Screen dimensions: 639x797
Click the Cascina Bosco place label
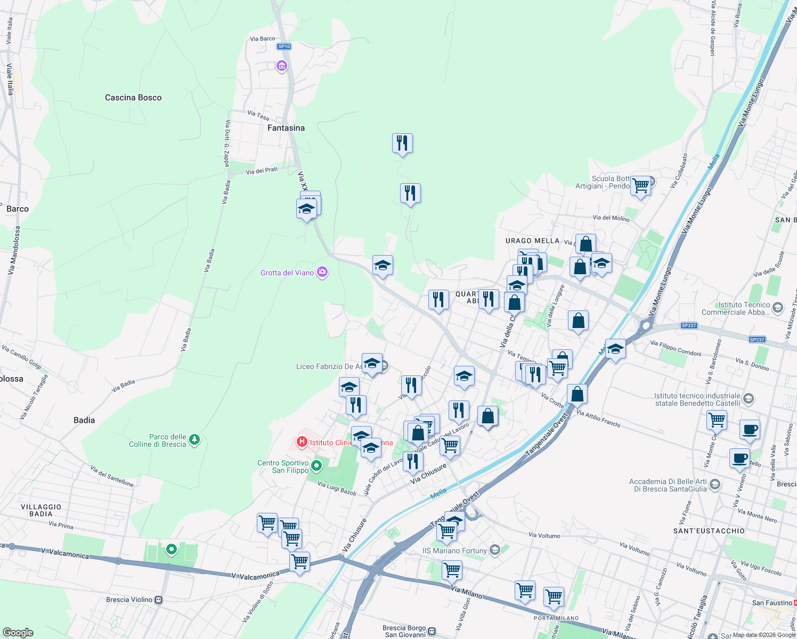pyautogui.click(x=133, y=97)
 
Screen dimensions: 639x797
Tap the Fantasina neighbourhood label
pyautogui.click(x=286, y=128)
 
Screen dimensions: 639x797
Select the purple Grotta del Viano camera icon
pyautogui.click(x=322, y=273)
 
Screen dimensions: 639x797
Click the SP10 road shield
pyautogui.click(x=284, y=46)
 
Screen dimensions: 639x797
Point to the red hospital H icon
pyautogui.click(x=302, y=442)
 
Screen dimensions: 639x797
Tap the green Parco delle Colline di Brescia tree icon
pyautogui.click(x=194, y=439)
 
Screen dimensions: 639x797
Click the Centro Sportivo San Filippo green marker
pyautogui.click(x=316, y=466)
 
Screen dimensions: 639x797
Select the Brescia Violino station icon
pyautogui.click(x=158, y=600)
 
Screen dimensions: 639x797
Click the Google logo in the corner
pyautogui.click(x=18, y=633)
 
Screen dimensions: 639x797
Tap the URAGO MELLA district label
pyautogui.click(x=532, y=241)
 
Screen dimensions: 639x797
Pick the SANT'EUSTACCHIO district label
pyautogui.click(x=709, y=531)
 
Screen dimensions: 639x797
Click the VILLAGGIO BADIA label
pyautogui.click(x=41, y=510)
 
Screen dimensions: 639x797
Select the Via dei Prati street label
pyautogui.click(x=262, y=171)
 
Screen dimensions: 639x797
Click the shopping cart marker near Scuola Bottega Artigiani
pyautogui.click(x=641, y=186)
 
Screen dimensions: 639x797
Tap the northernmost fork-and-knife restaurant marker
pyautogui.click(x=402, y=143)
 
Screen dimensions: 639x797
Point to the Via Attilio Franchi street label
pyautogui.click(x=598, y=419)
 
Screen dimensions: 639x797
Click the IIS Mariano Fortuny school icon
pyautogui.click(x=495, y=550)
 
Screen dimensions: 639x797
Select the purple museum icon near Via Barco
pyautogui.click(x=282, y=66)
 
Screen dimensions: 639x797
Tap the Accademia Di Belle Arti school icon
pyautogui.click(x=715, y=484)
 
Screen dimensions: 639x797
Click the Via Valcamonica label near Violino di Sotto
pyautogui.click(x=256, y=576)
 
